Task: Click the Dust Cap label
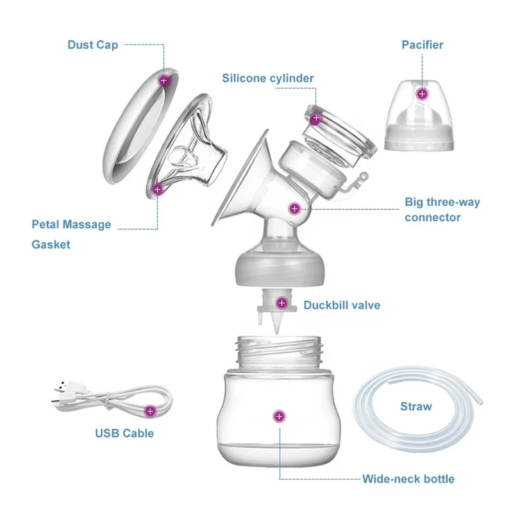(x=93, y=45)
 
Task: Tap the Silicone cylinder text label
(x=268, y=78)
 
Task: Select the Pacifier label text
(x=422, y=45)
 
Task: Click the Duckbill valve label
(x=342, y=305)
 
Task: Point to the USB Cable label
(x=124, y=433)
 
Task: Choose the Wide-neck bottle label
(x=408, y=479)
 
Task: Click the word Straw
(x=416, y=406)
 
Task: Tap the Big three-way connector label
(x=442, y=210)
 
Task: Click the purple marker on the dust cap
(x=164, y=81)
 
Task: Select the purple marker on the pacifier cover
(x=422, y=94)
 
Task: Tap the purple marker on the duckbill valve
(x=281, y=303)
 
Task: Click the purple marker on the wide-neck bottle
(x=279, y=417)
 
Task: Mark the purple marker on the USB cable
(x=150, y=410)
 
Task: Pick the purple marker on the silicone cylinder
(x=315, y=119)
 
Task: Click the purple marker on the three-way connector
(x=294, y=208)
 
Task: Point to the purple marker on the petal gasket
(x=158, y=189)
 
